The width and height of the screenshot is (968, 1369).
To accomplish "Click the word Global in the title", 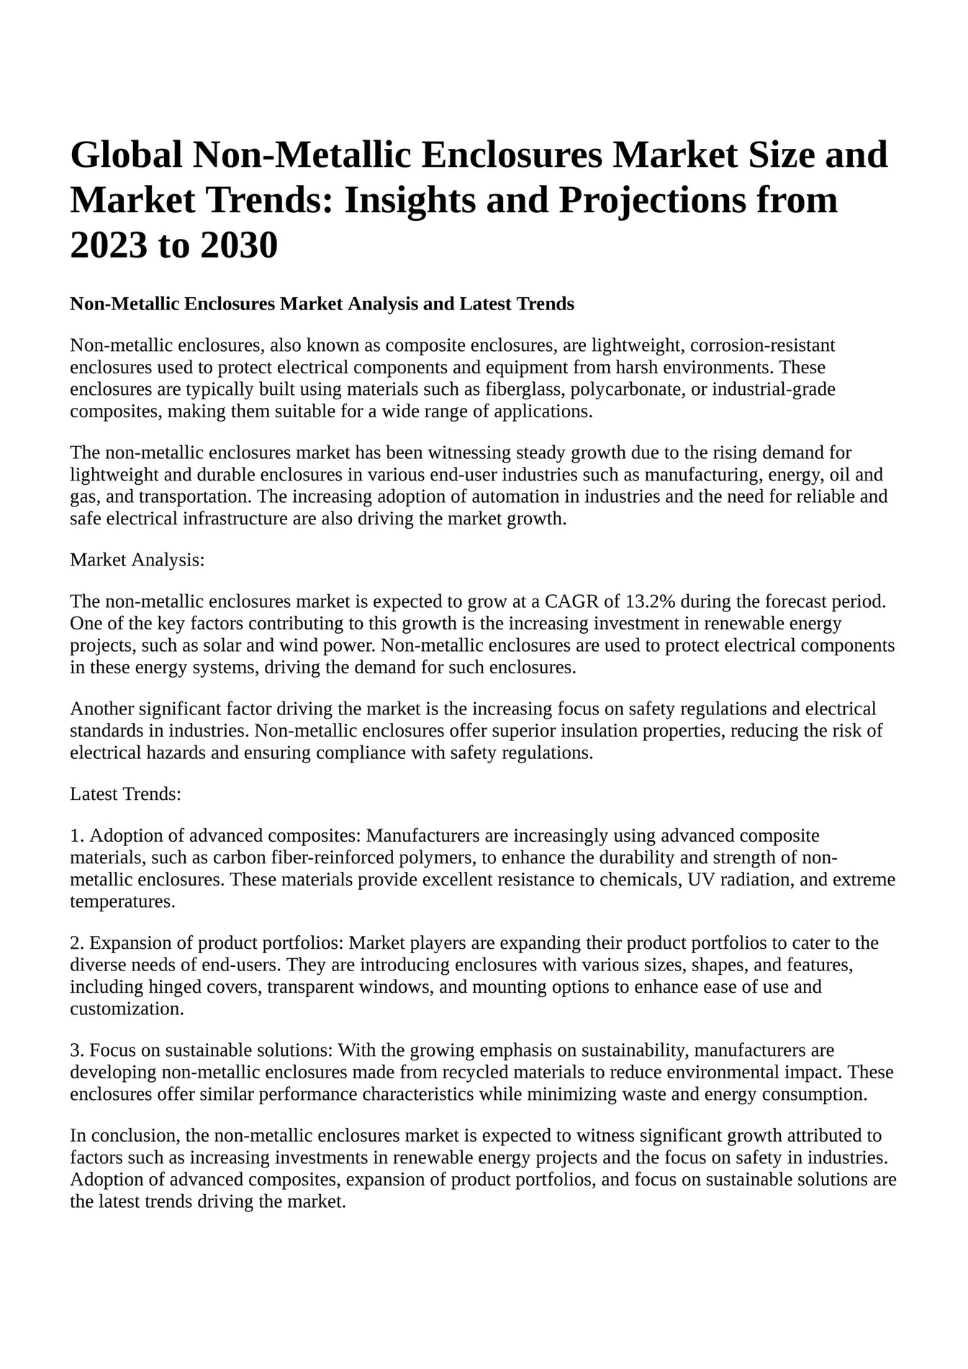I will click(x=126, y=155).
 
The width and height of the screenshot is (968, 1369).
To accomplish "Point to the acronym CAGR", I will click(x=570, y=601).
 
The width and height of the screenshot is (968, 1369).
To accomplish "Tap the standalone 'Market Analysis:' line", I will click(x=137, y=560).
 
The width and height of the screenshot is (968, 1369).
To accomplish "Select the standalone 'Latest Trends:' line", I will click(x=125, y=794).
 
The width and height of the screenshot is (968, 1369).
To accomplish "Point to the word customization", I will click(x=127, y=1009).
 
